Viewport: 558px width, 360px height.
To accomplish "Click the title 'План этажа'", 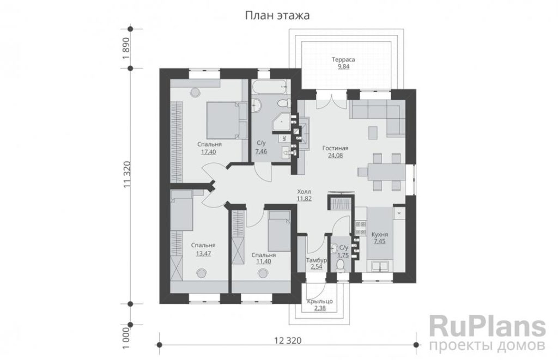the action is pos(277,16).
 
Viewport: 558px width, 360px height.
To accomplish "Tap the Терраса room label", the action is pos(343,59).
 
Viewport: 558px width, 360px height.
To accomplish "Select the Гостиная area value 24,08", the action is pos(335,155).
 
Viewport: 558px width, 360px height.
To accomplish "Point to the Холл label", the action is pos(305,192).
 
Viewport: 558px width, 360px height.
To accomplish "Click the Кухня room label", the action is pos(380,234).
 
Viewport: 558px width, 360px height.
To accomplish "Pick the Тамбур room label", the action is pos(317,260).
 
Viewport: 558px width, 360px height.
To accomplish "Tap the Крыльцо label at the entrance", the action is pos(320,301).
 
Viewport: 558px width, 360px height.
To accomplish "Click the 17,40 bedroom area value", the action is pos(209,152).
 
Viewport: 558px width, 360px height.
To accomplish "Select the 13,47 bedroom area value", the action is pos(204,253).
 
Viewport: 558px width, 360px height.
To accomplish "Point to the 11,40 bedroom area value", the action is pos(264,261).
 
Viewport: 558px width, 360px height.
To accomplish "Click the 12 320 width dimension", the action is pos(288,340).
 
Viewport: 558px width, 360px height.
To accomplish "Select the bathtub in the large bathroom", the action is pos(270,87).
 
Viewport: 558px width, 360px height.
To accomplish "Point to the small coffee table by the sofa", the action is pos(373,133).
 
